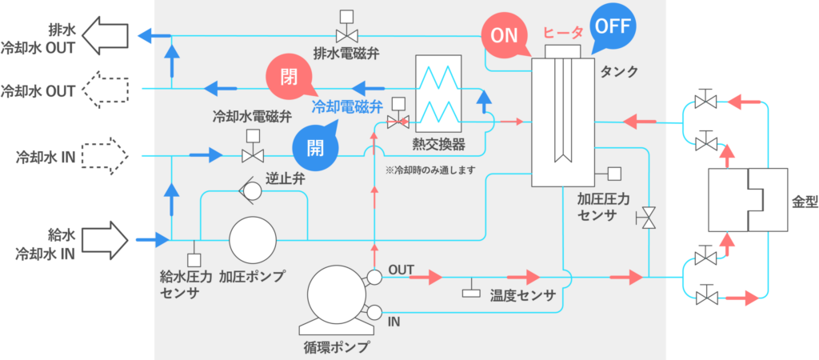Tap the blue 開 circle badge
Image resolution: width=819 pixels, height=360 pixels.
tap(314, 147)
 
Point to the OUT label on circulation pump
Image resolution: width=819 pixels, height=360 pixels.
tap(401, 270)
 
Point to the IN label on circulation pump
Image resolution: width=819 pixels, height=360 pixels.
tap(394, 322)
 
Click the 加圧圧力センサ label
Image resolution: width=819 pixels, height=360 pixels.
tap(604, 206)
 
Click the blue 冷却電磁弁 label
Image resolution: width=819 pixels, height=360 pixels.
tap(347, 104)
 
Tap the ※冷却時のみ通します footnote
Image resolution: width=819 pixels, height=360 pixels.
tap(429, 170)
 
